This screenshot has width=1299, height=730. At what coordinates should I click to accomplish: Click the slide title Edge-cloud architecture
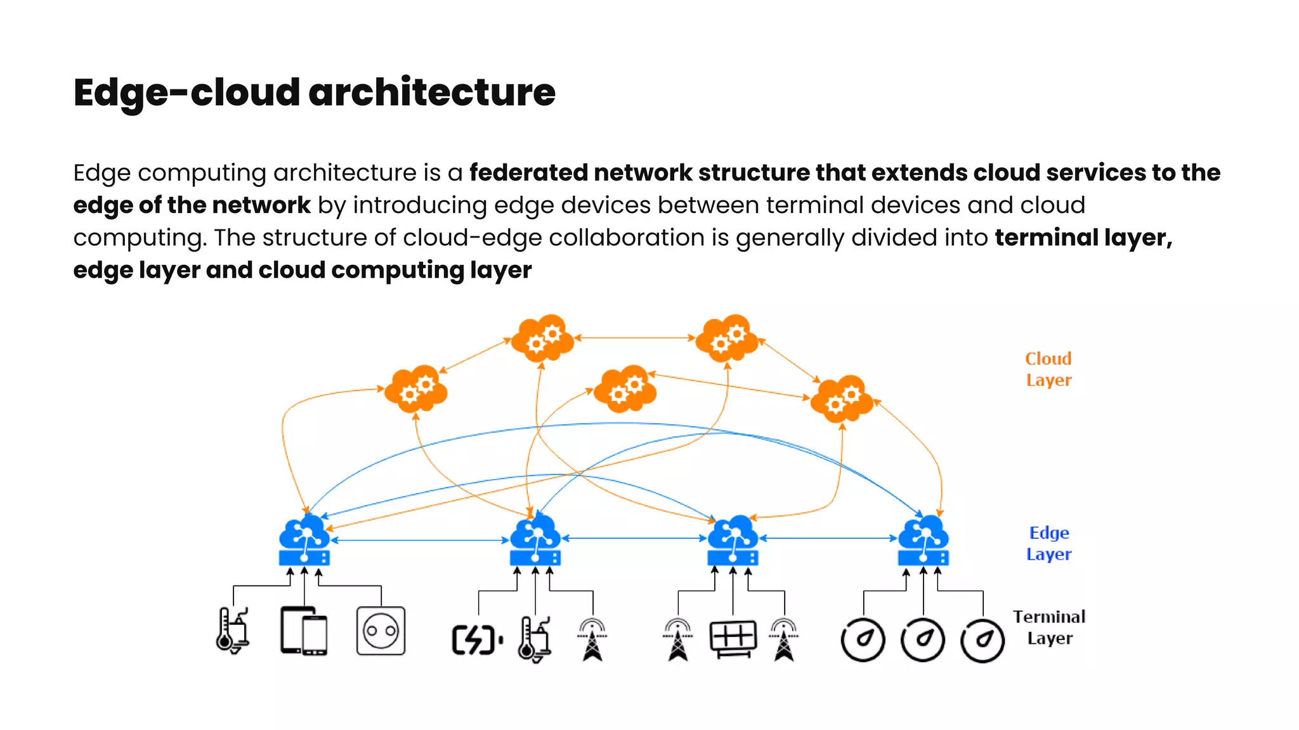pos(314,93)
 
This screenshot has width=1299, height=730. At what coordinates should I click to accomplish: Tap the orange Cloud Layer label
pos(1048,369)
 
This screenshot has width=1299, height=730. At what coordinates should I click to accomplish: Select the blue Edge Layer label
pos(1048,544)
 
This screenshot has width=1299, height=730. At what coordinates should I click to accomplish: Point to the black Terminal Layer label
pos(1049,627)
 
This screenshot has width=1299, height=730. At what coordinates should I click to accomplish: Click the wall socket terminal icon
pos(381,631)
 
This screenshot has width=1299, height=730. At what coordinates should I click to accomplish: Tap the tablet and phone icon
pos(304,631)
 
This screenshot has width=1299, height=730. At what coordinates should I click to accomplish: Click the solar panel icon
pos(733,638)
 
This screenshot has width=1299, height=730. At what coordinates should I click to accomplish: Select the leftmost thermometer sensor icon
pos(232,631)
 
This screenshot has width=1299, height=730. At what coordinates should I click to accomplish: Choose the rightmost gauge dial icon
pos(982,641)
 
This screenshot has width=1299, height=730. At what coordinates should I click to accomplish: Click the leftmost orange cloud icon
pos(416,389)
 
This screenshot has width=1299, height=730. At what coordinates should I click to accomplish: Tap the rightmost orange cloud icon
pos(842,399)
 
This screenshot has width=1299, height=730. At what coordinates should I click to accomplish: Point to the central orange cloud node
pos(625,389)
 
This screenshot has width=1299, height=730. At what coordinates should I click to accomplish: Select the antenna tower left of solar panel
pos(678,639)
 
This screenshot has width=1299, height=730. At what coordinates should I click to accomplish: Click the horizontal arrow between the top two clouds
pos(634,338)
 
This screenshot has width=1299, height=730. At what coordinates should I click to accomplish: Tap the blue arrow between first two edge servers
pos(420,541)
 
